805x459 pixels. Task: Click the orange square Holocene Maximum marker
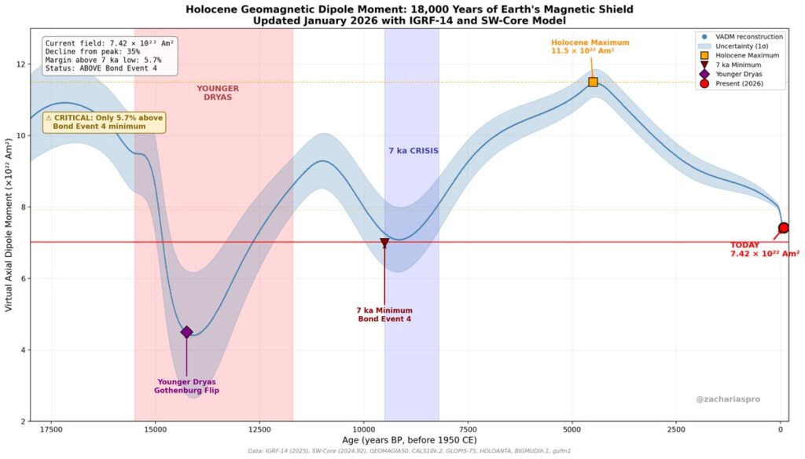tap(593, 82)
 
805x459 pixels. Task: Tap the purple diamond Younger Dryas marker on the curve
tap(186, 332)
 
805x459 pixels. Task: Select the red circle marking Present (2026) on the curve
tap(783, 228)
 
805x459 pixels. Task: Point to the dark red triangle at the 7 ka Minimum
tap(384, 244)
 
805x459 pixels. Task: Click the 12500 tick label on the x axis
tap(259, 429)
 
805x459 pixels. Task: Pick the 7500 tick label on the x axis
tap(468, 429)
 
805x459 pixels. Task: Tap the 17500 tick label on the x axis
tap(51, 429)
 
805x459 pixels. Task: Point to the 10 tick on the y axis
tap(21, 135)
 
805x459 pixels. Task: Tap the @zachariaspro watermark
tap(728, 399)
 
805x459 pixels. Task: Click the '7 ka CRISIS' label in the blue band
tap(414, 150)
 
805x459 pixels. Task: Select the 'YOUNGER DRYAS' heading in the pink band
tap(218, 93)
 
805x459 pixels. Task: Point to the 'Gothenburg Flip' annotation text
tap(187, 391)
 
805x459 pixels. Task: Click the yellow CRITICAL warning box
tap(104, 122)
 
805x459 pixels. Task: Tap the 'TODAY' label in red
tap(745, 244)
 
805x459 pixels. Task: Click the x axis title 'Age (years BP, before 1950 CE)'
tap(409, 440)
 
